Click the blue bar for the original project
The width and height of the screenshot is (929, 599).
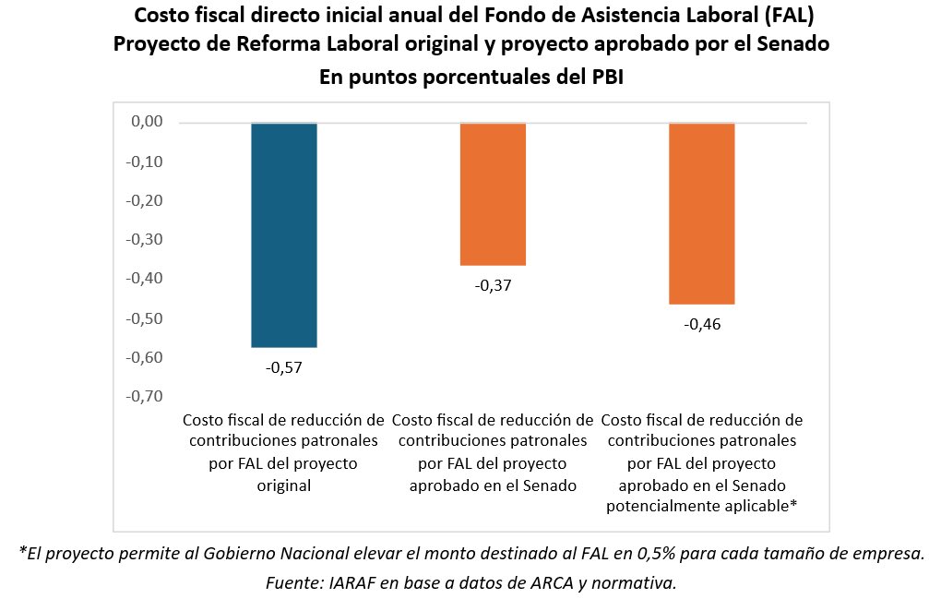point(284,234)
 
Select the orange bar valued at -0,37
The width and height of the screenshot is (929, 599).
point(493,194)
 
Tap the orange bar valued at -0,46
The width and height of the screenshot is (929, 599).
point(701,213)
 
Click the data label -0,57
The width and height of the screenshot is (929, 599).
point(284,367)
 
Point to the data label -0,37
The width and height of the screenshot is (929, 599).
point(493,285)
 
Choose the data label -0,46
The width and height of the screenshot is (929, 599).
point(701,324)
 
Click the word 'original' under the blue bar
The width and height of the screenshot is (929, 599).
point(284,485)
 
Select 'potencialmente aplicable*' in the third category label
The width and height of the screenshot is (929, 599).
point(701,506)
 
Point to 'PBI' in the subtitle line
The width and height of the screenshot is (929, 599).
point(601,78)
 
